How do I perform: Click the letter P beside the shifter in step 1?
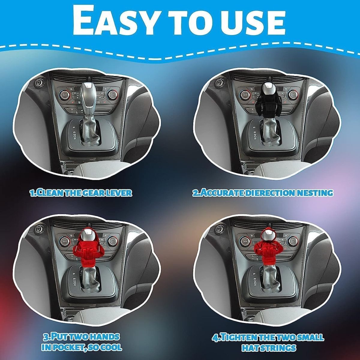(73, 127)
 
